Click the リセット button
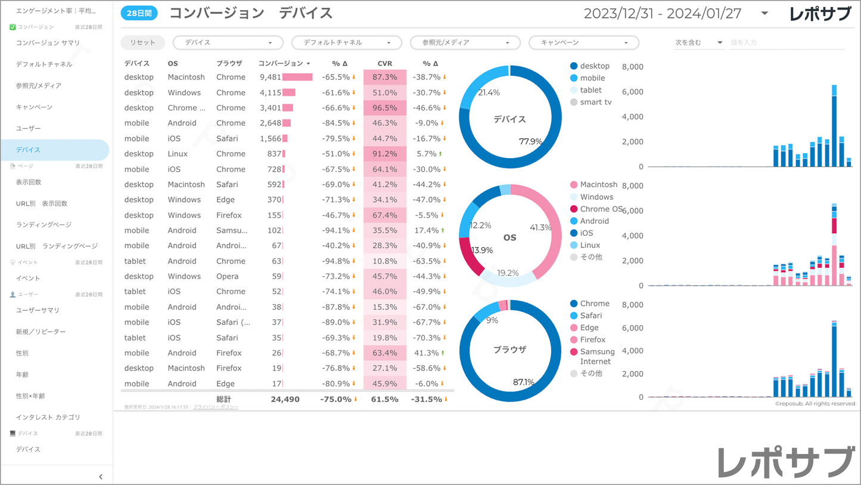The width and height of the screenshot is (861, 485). [x=142, y=42]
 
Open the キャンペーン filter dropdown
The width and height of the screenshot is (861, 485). [x=584, y=43]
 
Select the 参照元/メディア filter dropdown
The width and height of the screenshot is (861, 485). [x=465, y=43]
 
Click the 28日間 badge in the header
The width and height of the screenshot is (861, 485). [x=139, y=13]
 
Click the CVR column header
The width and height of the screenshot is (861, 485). [x=385, y=63]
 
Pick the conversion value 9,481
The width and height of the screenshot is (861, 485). [x=271, y=77]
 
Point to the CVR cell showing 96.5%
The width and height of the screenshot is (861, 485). [x=385, y=108]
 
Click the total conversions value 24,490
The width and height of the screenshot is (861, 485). [x=285, y=399]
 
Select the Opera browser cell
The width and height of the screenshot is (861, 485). [x=228, y=276]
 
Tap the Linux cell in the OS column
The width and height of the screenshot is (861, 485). [x=178, y=154]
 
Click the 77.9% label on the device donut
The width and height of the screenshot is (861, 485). [x=530, y=141]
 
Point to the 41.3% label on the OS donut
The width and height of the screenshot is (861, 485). [x=541, y=227]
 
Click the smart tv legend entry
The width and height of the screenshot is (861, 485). [x=595, y=102]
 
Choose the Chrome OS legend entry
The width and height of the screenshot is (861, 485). [x=601, y=209]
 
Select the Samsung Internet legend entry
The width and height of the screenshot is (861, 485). [x=596, y=356]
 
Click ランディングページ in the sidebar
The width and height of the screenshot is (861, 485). [x=44, y=225]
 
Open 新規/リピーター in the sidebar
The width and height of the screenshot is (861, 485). [x=41, y=332]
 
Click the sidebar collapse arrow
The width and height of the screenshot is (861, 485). [x=101, y=476]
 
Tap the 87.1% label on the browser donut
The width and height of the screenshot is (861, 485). [x=524, y=382]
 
